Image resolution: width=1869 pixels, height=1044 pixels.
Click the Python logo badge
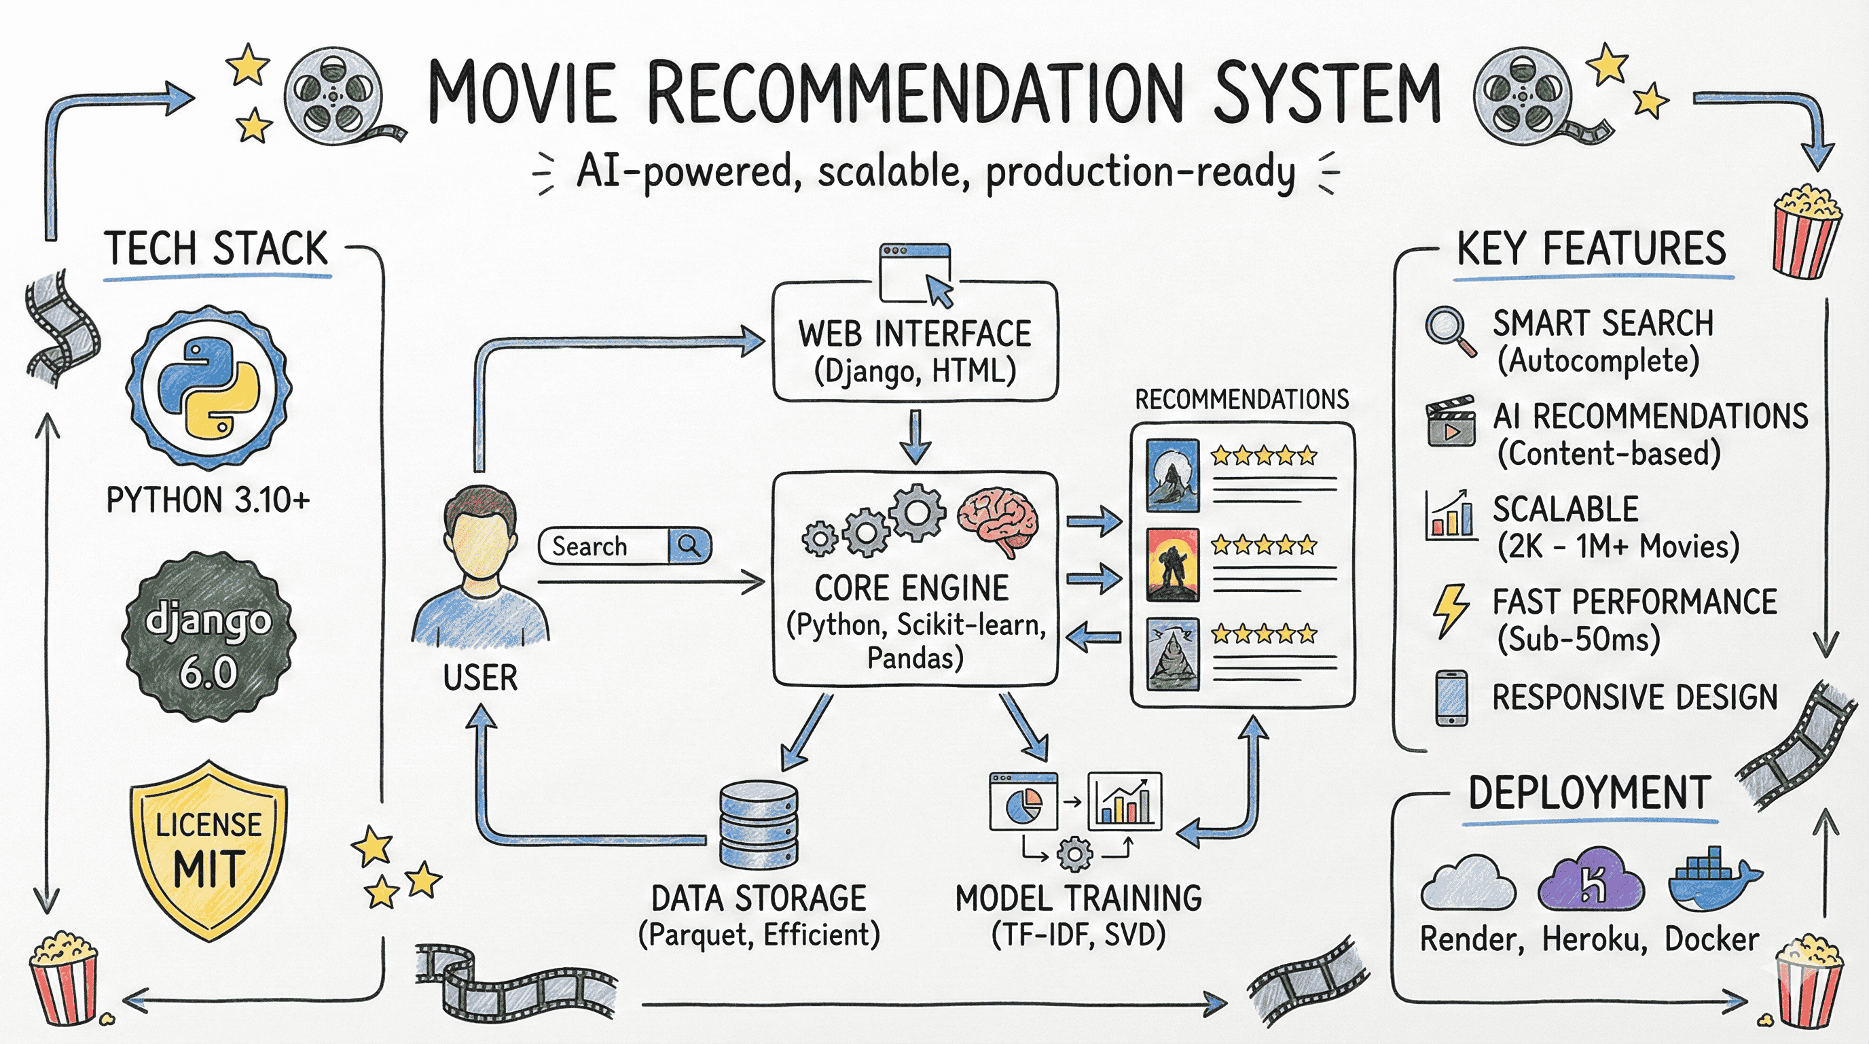click(209, 388)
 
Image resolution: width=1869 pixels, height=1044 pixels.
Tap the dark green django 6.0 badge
click(209, 637)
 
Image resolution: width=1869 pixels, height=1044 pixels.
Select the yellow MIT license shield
click(209, 850)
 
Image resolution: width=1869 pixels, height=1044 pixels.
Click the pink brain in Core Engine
click(998, 520)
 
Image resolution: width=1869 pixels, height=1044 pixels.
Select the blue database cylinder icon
click(758, 824)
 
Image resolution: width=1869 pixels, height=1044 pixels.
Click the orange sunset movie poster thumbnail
click(1172, 565)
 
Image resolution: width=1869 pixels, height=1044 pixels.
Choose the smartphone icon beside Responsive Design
click(1452, 697)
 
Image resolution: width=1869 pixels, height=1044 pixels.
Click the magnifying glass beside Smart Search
click(1448, 331)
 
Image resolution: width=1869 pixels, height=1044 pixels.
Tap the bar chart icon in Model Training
click(1125, 801)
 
